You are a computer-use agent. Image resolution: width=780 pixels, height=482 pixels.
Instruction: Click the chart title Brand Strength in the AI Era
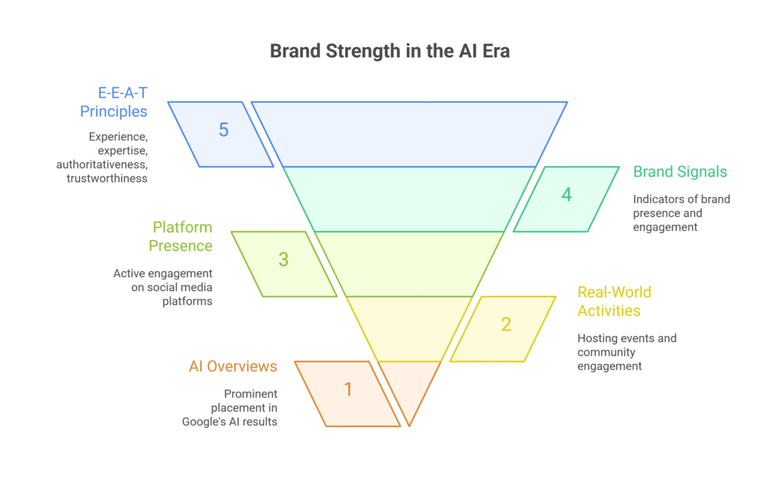tap(389, 52)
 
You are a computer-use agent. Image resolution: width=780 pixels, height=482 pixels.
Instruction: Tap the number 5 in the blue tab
tap(223, 129)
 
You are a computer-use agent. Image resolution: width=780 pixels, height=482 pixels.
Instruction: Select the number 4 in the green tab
tap(566, 194)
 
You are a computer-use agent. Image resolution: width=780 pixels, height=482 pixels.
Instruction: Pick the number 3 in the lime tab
tap(283, 259)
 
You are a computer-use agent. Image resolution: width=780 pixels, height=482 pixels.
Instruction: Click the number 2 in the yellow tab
tap(506, 324)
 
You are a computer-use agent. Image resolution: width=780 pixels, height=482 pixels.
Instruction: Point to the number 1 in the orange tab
tap(348, 389)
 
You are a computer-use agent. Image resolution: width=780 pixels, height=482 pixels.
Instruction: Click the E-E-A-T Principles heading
tap(114, 102)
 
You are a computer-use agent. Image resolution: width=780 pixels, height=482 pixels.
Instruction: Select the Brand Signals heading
tap(679, 171)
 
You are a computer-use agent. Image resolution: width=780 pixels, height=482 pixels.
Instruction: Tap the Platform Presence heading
tap(181, 236)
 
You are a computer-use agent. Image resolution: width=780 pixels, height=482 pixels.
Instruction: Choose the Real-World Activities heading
tap(614, 301)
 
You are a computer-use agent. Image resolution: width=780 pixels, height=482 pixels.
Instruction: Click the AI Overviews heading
tap(233, 366)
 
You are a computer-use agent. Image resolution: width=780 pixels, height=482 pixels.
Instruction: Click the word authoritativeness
tap(101, 164)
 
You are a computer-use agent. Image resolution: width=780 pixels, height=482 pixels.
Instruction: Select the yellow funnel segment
tap(409, 328)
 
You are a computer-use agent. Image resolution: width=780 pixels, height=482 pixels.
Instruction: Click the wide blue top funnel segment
tap(409, 133)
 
